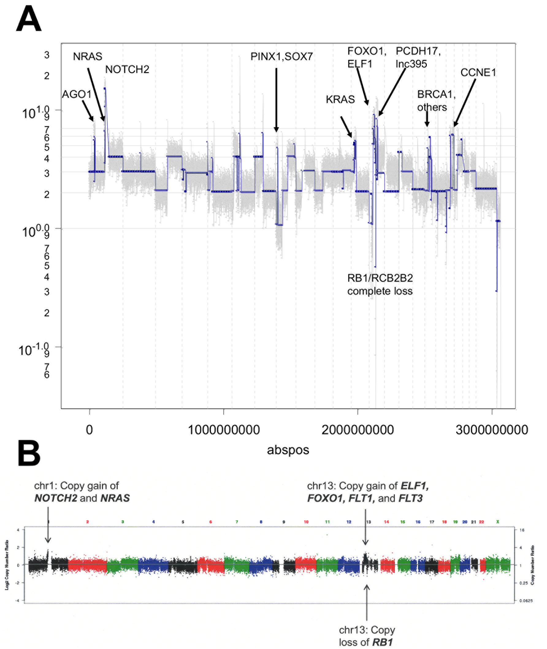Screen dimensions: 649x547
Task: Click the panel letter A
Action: [29, 20]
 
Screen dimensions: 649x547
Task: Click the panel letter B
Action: [29, 454]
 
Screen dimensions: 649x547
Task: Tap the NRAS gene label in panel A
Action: [87, 56]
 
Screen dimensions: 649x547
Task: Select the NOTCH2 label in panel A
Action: [127, 70]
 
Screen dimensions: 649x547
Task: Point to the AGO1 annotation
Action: [77, 94]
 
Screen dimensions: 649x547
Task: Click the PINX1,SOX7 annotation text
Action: [281, 57]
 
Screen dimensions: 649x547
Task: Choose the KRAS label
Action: [340, 100]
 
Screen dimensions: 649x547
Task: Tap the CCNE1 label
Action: [478, 73]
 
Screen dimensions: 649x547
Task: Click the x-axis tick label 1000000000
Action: [224, 430]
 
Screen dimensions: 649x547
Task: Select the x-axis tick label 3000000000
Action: [492, 430]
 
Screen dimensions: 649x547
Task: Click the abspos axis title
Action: [288, 450]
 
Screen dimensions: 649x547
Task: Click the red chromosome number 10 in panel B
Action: [306, 522]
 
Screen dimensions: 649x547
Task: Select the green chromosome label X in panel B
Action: [497, 522]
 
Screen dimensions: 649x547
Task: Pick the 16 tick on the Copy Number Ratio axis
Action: [522, 530]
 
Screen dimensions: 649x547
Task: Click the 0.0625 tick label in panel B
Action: [526, 601]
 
